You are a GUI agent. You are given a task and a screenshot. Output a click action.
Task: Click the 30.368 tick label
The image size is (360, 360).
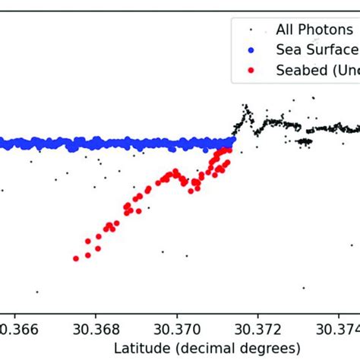[96, 330]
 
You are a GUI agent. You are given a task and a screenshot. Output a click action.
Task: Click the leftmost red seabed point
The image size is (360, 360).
[76, 258]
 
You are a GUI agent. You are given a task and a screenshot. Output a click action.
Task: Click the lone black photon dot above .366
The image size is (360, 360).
[36, 292]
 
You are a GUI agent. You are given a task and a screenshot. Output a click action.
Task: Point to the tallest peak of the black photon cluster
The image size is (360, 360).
[245, 106]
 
